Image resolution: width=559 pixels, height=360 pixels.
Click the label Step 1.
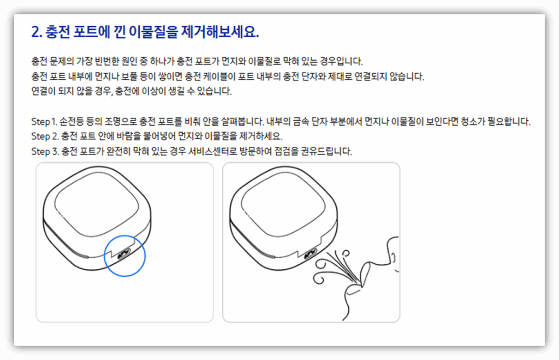tap(45, 121)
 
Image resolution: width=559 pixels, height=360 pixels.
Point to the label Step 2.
tap(45, 135)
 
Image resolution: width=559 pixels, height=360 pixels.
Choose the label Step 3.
tap(45, 151)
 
